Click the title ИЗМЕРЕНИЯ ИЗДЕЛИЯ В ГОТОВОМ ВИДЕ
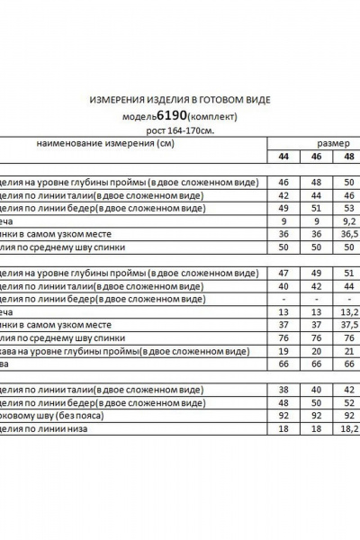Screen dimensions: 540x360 pyautogui.click(x=180, y=101)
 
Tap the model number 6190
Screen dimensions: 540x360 pyautogui.click(x=171, y=116)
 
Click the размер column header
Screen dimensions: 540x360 pyautogui.click(x=333, y=143)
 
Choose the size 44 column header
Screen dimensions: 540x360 pyautogui.click(x=284, y=156)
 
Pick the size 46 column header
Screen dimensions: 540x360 pyautogui.click(x=316, y=156)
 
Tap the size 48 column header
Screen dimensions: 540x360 pyautogui.click(x=348, y=156)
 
